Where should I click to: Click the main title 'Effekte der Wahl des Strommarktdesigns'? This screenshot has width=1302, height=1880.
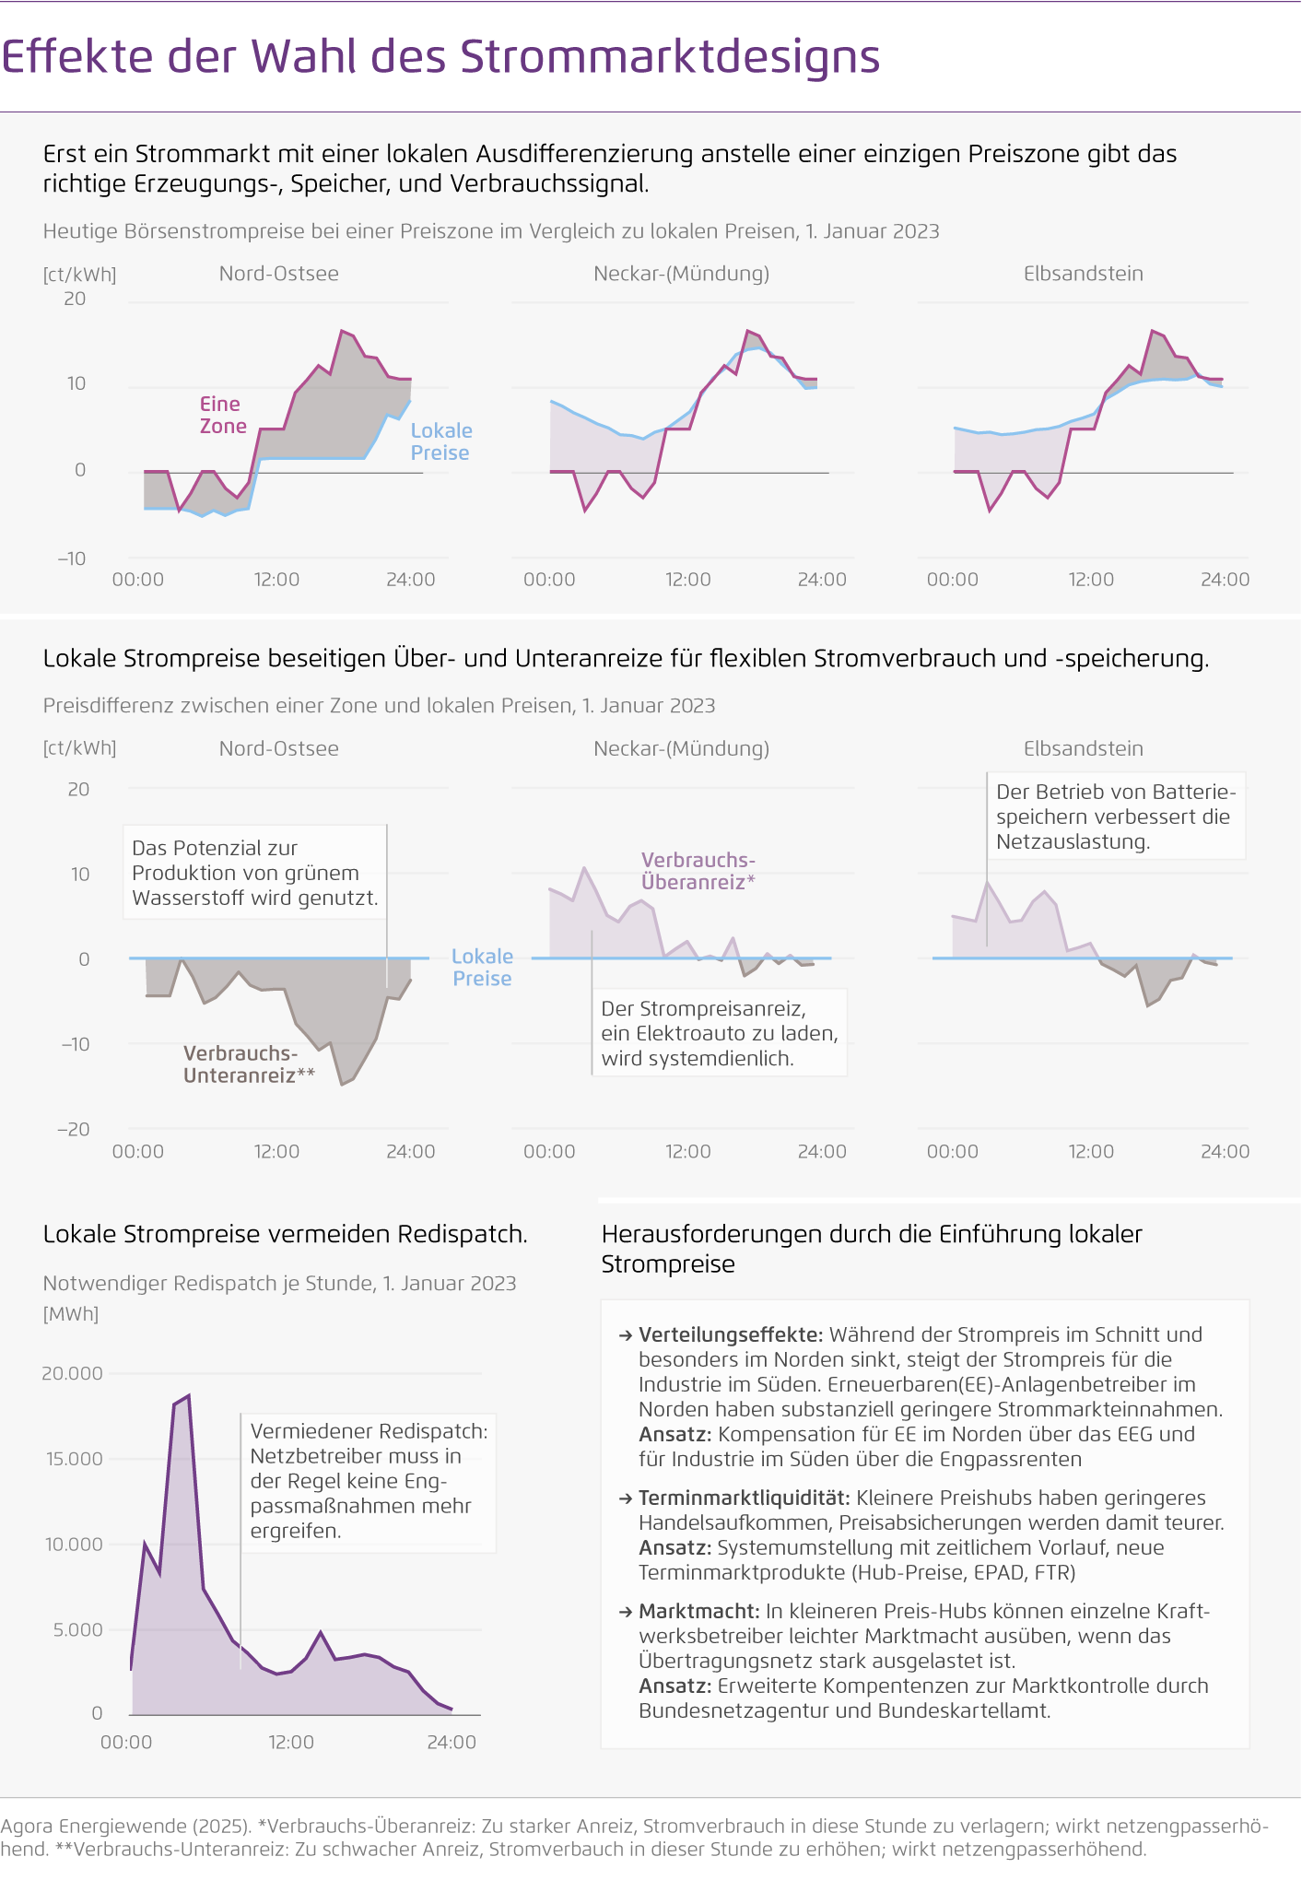pyautogui.click(x=440, y=57)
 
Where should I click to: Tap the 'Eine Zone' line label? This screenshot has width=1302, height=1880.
pyautogui.click(x=223, y=415)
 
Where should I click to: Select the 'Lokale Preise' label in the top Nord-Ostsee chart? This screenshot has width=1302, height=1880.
pyautogui.click(x=440, y=441)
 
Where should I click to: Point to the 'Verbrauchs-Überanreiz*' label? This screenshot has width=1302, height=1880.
pyautogui.click(x=698, y=871)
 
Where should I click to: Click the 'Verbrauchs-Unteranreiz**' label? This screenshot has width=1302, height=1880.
pyautogui.click(x=249, y=1064)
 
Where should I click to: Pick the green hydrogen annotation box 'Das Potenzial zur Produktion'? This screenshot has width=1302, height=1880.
pyautogui.click(x=254, y=872)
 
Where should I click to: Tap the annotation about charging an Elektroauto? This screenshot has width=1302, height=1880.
pyautogui.click(x=719, y=1033)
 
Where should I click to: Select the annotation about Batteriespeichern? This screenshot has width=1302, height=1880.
pyautogui.click(x=1115, y=816)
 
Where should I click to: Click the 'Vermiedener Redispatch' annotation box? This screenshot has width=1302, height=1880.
pyautogui.click(x=369, y=1481)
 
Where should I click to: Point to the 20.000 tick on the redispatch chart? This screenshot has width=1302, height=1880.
pyautogui.click(x=72, y=1373)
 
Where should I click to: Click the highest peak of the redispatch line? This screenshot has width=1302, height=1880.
pyautogui.click(x=189, y=1395)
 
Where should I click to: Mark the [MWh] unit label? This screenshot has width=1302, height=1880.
pyautogui.click(x=71, y=1313)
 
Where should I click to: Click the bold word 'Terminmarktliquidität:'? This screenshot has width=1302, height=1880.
pyautogui.click(x=745, y=1498)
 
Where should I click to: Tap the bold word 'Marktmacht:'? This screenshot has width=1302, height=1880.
pyautogui.click(x=699, y=1611)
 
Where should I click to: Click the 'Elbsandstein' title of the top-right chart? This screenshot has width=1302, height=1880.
pyautogui.click(x=1083, y=274)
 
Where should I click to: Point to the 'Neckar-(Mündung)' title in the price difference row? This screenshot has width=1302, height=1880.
pyautogui.click(x=681, y=748)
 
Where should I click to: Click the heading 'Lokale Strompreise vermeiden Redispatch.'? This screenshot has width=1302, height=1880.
pyautogui.click(x=286, y=1234)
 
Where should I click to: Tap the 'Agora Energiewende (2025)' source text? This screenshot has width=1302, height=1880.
pyautogui.click(x=125, y=1826)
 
